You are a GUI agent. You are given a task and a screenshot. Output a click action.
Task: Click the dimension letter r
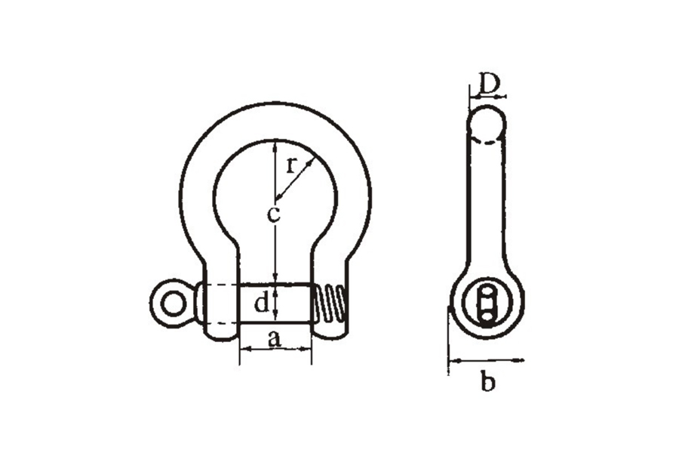(292, 165)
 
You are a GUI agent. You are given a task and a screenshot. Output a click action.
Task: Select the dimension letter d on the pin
(262, 303)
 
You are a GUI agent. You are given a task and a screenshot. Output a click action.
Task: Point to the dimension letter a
(274, 339)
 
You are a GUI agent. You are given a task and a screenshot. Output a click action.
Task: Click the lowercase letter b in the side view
(487, 381)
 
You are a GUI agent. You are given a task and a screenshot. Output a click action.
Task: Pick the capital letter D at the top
(487, 84)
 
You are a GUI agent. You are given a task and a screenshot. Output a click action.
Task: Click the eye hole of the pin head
(172, 304)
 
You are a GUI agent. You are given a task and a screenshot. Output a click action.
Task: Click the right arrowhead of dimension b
(519, 359)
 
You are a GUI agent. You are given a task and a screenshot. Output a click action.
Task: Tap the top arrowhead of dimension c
(274, 146)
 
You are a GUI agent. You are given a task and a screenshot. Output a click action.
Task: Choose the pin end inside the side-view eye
(487, 304)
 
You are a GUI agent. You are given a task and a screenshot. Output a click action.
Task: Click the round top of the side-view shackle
(487, 122)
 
